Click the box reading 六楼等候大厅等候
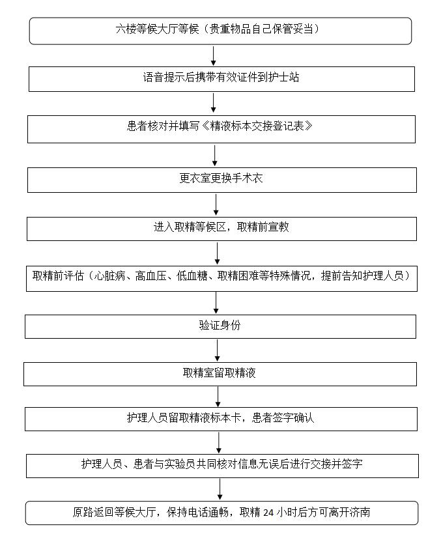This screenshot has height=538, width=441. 220,31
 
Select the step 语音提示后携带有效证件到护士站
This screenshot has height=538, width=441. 221,79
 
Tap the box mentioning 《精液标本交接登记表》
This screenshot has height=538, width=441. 221,129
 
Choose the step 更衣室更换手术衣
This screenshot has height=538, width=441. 222,180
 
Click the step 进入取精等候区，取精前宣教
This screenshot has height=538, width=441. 221,229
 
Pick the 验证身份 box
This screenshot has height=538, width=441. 220,327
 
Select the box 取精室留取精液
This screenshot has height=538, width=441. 220,374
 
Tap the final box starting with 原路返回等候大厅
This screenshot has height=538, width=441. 221,513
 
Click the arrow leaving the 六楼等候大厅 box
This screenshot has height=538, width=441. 214,56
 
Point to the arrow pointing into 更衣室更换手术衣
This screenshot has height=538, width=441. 215,156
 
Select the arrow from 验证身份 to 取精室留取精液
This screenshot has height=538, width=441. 217,350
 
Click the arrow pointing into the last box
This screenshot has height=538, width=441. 220,489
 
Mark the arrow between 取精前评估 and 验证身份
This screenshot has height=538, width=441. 216,303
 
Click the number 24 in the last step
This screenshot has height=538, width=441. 268,513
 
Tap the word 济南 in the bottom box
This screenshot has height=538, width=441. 360,512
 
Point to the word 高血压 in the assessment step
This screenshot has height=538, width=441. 150,276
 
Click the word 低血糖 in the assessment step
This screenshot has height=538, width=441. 192,276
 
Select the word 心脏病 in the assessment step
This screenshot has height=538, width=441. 109,276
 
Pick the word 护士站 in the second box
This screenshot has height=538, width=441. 284,78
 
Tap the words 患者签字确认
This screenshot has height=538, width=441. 283,418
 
